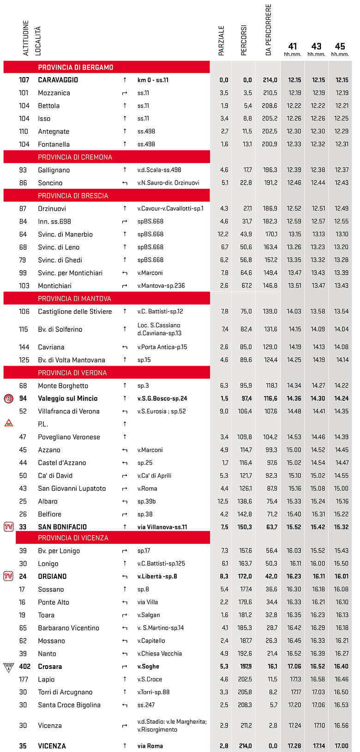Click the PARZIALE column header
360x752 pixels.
[x=221, y=41]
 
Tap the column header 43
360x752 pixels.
[x=316, y=47]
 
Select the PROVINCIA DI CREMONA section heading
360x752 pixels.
[x=75, y=157]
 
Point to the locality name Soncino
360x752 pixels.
[x=50, y=183]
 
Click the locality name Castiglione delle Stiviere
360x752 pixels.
[x=75, y=312]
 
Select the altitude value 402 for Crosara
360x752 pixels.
[x=24, y=667]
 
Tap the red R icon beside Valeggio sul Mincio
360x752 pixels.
[x=8, y=398]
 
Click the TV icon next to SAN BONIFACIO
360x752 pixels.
[x=8, y=527]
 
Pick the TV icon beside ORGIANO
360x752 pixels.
[x=8, y=576]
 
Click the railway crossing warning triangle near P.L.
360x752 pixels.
[x=8, y=423]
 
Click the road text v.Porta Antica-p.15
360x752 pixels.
[x=162, y=347]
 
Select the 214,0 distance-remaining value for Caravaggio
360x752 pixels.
[x=270, y=80]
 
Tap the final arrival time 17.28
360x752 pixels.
[x=294, y=746]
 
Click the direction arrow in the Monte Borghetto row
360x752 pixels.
[x=125, y=385]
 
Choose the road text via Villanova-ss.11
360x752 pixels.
[x=162, y=527]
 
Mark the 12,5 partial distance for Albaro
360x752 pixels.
[x=223, y=501]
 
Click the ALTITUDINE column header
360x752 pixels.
[x=26, y=38]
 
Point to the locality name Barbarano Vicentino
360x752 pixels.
[x=69, y=628]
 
